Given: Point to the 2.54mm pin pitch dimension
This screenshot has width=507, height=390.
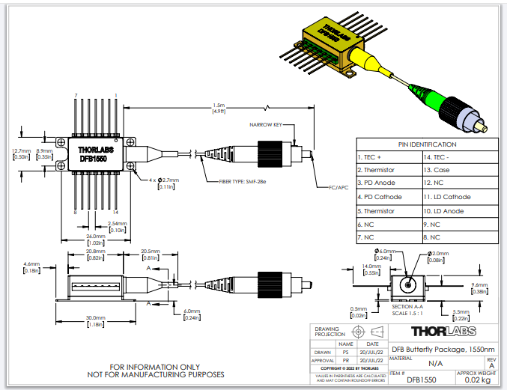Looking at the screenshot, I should coord(116,226).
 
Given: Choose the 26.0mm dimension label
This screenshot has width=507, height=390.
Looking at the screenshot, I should coord(95,239).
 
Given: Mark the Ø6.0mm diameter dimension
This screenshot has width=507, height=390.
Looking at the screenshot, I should coord(384,251).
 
